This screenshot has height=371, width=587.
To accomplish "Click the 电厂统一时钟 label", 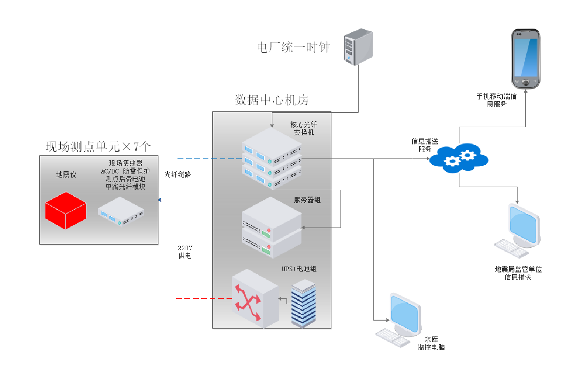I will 294,47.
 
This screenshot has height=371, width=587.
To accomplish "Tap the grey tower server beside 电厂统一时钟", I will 358,47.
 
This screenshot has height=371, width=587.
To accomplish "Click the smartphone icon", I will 525,59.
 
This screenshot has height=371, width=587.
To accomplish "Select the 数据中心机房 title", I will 271,100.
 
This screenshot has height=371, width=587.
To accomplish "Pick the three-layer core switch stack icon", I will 271,158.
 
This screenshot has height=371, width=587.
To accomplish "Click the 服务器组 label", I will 307,200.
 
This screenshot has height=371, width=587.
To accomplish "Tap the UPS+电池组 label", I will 299,269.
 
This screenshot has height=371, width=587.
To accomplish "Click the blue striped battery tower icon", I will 303,303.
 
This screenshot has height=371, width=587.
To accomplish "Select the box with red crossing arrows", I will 254,298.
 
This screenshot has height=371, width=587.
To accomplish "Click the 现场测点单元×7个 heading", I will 98,147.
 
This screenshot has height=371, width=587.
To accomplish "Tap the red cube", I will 66,210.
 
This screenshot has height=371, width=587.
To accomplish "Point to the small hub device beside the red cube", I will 121,211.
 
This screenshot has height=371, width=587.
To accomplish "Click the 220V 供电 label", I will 185,252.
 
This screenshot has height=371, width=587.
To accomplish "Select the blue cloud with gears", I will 459,158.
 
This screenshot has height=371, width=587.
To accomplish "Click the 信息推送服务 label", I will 425,145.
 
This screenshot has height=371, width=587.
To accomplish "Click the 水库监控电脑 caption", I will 431,343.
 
